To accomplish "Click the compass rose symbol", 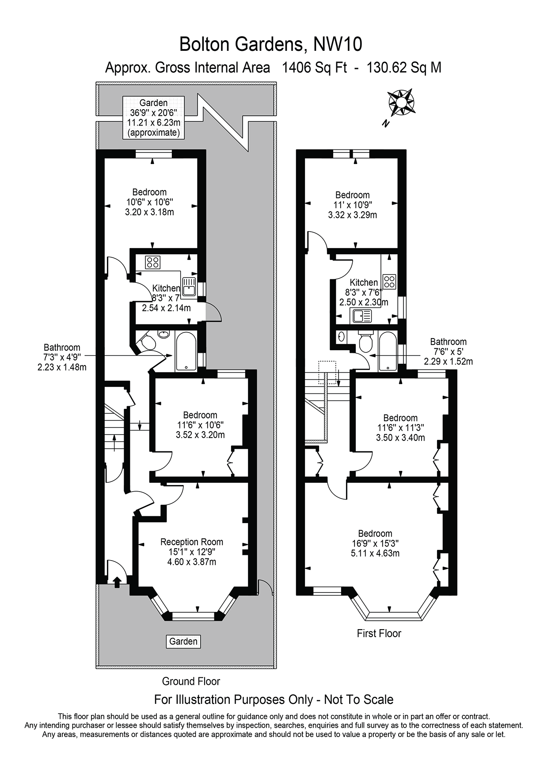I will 401,103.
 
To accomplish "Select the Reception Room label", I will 191,542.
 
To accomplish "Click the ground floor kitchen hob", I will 153,262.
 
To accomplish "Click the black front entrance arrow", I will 117,582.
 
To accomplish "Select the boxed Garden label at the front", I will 183,641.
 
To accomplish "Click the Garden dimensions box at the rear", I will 153,118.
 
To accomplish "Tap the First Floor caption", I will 379,634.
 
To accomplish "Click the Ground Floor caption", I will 191,681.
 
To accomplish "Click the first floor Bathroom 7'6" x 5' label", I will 448,351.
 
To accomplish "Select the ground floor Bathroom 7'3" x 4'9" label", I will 62,357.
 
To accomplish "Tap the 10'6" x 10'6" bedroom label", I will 149,202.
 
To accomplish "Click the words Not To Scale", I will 358,700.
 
